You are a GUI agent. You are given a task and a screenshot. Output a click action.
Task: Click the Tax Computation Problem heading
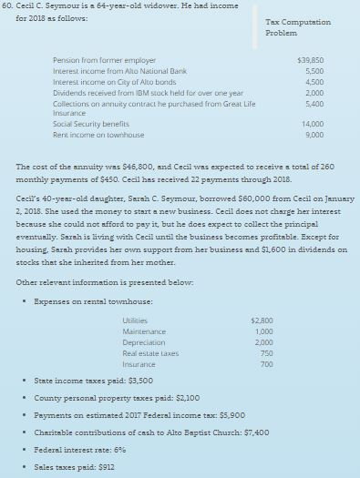coord(291,25)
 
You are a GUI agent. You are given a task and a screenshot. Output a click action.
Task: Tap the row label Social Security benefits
coord(90,121)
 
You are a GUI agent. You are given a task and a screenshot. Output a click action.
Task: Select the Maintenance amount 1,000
coord(263,330)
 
